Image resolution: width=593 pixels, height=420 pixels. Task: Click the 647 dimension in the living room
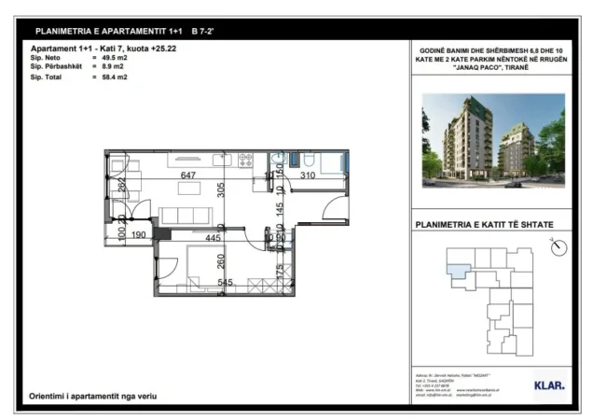point(188,175)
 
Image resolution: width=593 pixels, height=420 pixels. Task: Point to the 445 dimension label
point(213,238)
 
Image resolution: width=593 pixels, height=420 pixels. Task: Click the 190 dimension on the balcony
point(140,235)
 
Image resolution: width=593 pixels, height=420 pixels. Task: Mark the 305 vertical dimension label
point(221,192)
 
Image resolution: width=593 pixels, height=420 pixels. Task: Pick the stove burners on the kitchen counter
point(246,160)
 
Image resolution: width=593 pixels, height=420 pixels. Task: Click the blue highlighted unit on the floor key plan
point(458,272)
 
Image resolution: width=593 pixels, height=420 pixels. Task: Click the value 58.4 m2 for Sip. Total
point(115,77)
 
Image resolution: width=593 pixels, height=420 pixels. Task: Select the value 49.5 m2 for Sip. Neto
point(115,57)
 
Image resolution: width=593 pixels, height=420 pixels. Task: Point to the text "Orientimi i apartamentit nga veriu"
point(92,397)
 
